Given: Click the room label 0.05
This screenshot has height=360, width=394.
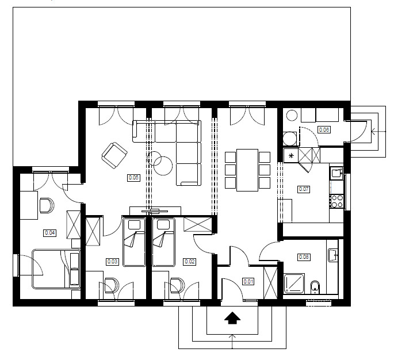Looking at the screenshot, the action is click(133, 178).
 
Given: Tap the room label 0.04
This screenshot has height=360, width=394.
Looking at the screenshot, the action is click(49, 233).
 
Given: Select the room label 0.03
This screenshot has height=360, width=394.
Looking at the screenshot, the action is click(112, 262).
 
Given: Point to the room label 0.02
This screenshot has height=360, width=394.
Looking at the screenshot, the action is click(190, 262).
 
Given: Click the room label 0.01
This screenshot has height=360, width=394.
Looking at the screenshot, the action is click(248, 281).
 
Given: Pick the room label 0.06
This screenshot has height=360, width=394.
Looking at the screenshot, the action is click(324, 129).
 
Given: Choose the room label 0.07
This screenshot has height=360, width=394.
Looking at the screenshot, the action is click(304, 189).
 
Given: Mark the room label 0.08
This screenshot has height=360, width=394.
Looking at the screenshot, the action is click(304, 256).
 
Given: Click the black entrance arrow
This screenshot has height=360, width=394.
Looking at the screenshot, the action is click(232, 318).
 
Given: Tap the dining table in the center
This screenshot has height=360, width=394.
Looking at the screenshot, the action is click(247, 170).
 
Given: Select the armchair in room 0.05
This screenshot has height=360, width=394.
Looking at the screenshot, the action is click(114, 155).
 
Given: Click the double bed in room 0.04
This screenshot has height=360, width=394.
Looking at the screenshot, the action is click(56, 269).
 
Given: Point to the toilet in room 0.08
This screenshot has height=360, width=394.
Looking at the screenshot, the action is click(315, 287).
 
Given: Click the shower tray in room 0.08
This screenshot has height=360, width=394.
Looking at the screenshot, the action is click(294, 284).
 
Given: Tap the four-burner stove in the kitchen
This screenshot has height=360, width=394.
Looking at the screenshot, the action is click(336, 201).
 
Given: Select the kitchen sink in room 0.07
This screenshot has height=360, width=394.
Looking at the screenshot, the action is click(336, 173).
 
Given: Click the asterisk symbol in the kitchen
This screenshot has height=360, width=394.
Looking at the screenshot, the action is click(291, 156).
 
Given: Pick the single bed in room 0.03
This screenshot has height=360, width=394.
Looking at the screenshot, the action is click(135, 243).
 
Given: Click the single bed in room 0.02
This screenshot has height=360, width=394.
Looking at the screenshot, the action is click(163, 243).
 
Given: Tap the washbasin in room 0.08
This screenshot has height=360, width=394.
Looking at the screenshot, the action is click(333, 255).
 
